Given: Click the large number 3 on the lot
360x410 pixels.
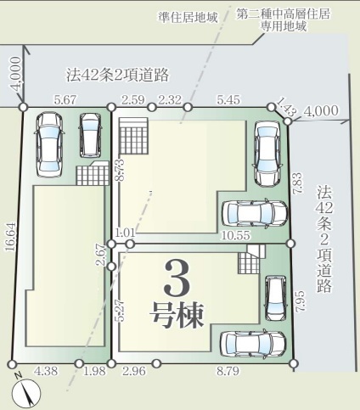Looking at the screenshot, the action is [177, 278].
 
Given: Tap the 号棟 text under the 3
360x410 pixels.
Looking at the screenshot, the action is [177, 315].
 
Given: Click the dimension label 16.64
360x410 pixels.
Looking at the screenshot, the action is [11, 236].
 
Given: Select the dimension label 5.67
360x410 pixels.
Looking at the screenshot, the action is [65, 100].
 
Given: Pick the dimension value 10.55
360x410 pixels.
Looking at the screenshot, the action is [236, 235].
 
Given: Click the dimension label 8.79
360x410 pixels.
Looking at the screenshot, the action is [228, 371].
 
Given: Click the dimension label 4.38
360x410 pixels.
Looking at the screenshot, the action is [46, 371].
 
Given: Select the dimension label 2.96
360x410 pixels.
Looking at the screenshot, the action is [134, 371].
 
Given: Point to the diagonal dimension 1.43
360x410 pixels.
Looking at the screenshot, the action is [286, 106].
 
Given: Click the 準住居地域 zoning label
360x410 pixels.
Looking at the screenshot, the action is [188, 18].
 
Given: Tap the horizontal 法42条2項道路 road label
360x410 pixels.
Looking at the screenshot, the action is [118, 75].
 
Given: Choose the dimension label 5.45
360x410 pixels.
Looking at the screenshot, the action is [228, 100].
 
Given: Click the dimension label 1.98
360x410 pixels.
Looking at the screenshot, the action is [94, 371].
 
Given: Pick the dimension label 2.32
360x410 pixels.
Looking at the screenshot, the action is [170, 100].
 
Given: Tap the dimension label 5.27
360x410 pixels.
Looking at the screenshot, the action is [121, 311].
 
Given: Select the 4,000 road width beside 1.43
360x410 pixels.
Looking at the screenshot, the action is [321, 110].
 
